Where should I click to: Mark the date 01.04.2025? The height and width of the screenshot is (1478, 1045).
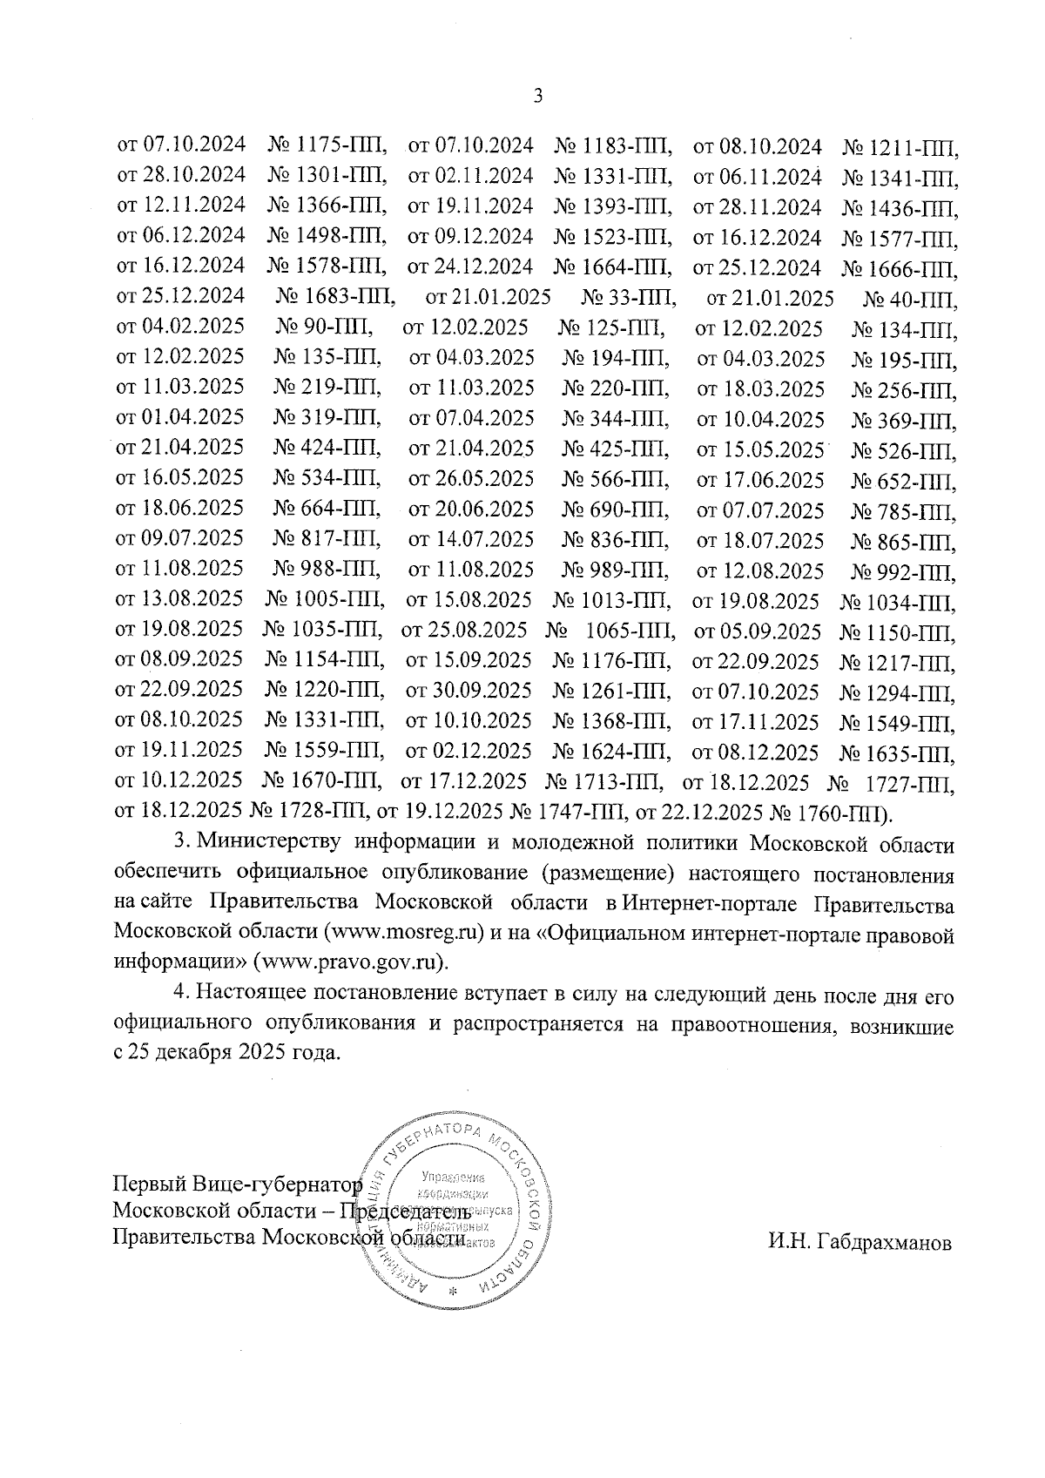pyautogui.click(x=192, y=418)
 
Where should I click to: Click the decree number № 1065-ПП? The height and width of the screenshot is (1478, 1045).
pyautogui.click(x=610, y=631)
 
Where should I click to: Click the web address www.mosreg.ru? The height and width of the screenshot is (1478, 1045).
pyautogui.click(x=403, y=934)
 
